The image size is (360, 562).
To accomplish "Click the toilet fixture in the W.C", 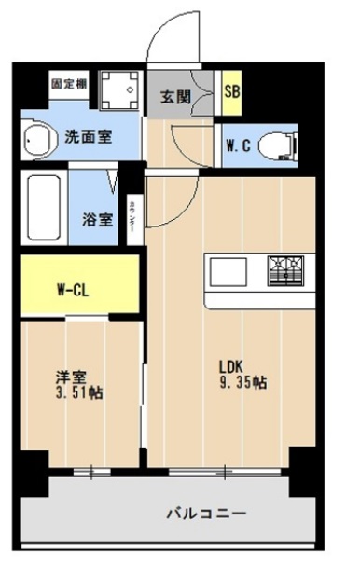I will (x=278, y=144).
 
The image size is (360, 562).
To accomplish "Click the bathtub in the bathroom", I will (x=45, y=206).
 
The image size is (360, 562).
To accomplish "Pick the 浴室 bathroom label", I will (x=97, y=219).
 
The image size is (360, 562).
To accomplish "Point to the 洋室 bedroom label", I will (x=72, y=377).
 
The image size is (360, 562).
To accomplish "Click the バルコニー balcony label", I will (x=206, y=513).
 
